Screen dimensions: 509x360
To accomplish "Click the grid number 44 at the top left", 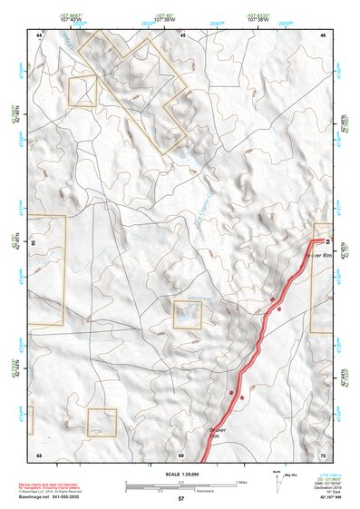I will tap(40, 34).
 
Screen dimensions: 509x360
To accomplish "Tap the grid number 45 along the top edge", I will tap(182, 34).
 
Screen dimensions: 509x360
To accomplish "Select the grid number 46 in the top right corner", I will tap(323, 34).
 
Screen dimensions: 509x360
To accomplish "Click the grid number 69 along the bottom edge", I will tap(181, 454).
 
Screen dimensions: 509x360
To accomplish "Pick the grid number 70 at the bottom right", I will tap(323, 454).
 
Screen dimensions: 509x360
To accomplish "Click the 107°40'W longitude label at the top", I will tap(67, 19).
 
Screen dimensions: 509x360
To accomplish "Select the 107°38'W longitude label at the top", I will tap(259, 19).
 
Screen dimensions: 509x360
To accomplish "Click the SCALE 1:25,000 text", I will tap(180, 474).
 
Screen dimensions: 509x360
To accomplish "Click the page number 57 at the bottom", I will tap(180, 499).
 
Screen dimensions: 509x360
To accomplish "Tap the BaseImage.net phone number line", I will tap(51, 499).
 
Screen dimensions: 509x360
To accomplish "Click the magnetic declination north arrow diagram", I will tap(278, 480).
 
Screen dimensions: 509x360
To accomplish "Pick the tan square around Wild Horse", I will tap(188, 315).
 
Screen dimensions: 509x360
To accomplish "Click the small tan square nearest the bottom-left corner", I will tap(102, 422).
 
